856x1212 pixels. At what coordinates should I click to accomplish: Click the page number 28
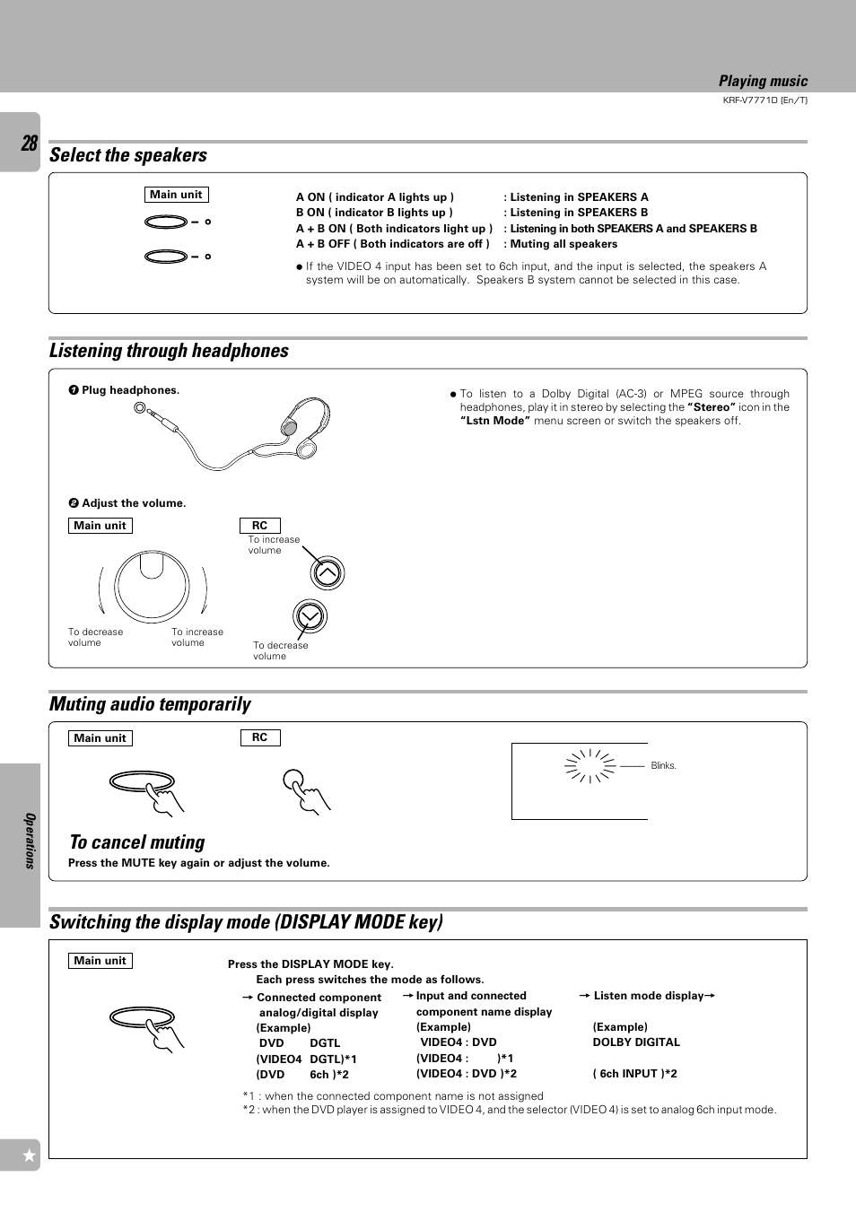coord(29,144)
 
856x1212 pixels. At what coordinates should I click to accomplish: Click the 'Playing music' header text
coord(763,82)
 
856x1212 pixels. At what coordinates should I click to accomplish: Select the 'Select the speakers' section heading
coord(128,155)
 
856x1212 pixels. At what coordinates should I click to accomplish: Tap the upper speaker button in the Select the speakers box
coord(166,222)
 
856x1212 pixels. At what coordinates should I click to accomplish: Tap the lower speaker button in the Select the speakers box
coord(166,257)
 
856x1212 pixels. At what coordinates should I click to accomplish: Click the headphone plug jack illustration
coord(141,409)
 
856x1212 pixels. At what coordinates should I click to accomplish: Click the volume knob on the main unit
coord(153,587)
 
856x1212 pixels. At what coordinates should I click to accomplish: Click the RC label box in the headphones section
coord(259,526)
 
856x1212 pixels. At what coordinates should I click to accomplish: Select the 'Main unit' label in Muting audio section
coord(100,738)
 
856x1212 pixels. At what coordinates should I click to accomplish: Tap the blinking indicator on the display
coord(590,766)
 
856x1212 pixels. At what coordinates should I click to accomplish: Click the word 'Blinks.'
coord(663,766)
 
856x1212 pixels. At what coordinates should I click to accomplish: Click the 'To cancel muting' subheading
coord(137,842)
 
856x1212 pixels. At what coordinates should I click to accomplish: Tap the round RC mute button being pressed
coord(293,780)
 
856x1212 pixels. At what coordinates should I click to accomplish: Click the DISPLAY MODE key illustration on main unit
coord(142,1017)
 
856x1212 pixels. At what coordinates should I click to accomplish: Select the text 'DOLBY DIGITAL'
coord(636,1042)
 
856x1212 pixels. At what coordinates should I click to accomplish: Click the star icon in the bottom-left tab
coord(29,1155)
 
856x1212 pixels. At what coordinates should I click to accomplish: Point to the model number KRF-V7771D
coord(764,100)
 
